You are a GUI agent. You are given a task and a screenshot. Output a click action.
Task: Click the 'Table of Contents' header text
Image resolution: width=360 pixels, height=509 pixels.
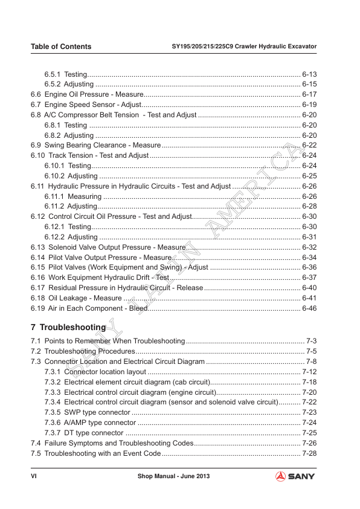(61, 47)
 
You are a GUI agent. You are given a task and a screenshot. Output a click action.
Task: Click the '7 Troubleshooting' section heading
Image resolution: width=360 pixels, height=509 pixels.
(68, 327)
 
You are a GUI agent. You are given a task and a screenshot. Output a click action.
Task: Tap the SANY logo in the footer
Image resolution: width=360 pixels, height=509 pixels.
(297, 477)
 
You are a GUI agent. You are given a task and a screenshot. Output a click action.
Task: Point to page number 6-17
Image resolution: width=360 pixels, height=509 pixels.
(309, 95)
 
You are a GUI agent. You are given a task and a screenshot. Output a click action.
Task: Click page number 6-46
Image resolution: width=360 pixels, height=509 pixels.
(309, 308)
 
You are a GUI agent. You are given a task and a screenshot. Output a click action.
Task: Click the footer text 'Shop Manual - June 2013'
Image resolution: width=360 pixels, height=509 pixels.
(173, 477)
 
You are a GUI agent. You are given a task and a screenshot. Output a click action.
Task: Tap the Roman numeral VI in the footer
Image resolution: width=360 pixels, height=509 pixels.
(34, 477)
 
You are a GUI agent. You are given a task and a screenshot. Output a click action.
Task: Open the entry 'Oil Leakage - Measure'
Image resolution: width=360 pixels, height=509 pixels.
(83, 298)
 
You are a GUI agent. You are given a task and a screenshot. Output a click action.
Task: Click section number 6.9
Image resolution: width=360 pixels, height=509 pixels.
(36, 146)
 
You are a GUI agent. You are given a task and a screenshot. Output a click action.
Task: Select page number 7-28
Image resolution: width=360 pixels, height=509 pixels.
(309, 453)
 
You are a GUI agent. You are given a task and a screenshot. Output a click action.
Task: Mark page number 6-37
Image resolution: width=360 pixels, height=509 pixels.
(309, 277)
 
